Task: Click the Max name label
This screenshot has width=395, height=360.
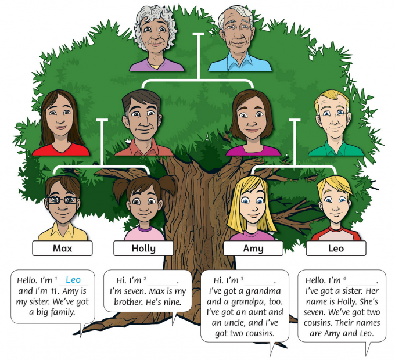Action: pyautogui.click(x=62, y=249)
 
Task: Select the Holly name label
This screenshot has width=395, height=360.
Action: pyautogui.click(x=143, y=249)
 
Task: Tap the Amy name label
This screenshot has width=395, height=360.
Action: pyautogui.click(x=253, y=249)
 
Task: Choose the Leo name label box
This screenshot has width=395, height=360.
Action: pyautogui.click(x=336, y=249)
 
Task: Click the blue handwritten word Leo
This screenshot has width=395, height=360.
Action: pyautogui.click(x=73, y=280)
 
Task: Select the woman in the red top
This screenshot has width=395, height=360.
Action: pyautogui.click(x=60, y=125)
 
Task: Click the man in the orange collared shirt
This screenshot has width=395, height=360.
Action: pyautogui.click(x=141, y=125)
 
